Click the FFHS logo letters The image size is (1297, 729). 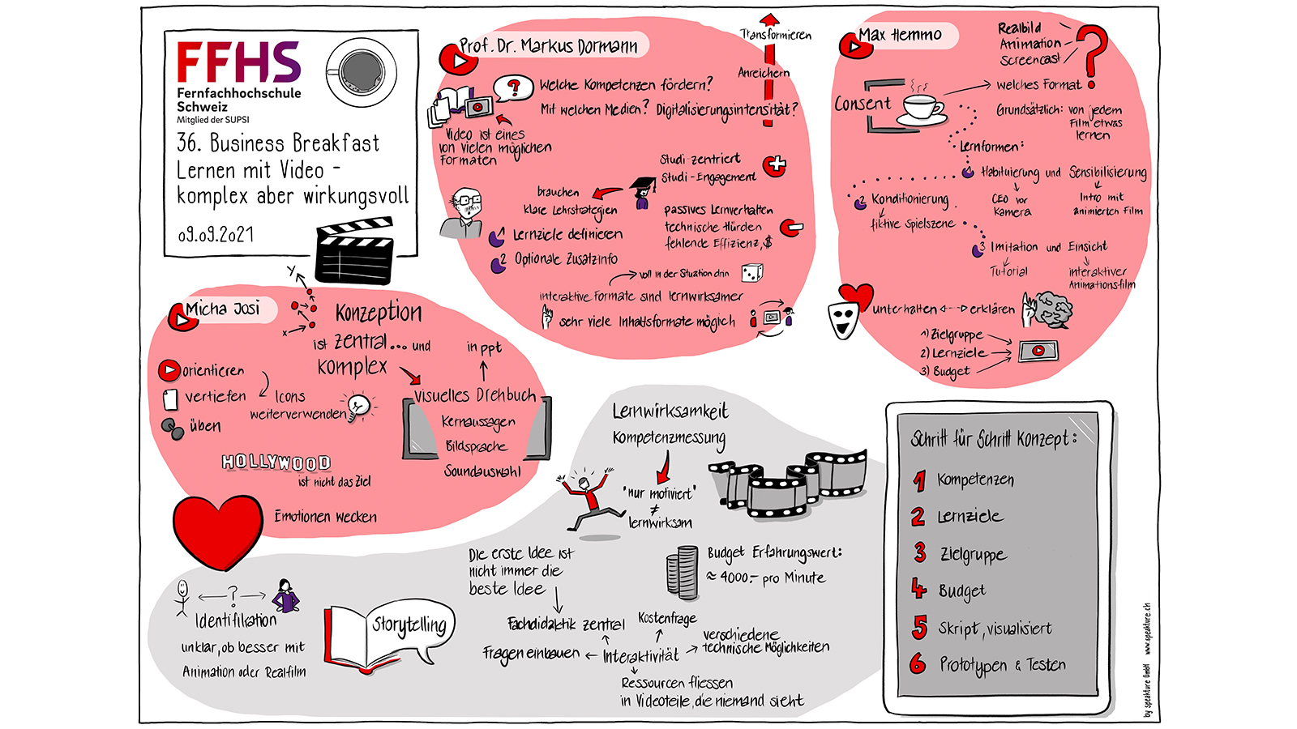pos(238,62)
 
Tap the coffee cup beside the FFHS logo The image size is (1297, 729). pos(362,71)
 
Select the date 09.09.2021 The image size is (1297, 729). pos(216,235)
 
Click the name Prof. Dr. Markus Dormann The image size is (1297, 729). pos(548,46)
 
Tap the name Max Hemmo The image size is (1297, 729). pos(900,35)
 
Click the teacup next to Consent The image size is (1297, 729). pos(921,109)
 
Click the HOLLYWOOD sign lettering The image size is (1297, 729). pos(276,463)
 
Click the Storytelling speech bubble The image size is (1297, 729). pos(410,626)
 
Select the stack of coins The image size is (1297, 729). pos(682,573)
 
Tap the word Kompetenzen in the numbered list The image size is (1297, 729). pos(975,480)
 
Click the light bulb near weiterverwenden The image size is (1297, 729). pos(357,404)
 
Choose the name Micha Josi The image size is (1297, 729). pos(223,309)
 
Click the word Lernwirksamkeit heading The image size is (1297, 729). pos(670,411)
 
